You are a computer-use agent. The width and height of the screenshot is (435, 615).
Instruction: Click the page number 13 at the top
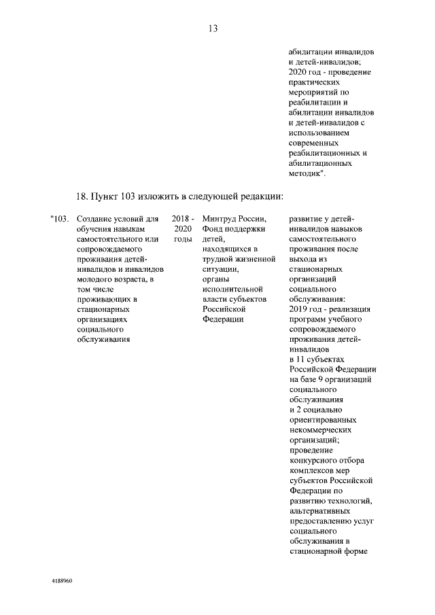(x=213, y=28)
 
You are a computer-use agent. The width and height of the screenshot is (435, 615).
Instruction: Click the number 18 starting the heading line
(x=81, y=196)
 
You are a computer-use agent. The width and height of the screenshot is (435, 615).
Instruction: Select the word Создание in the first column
(x=94, y=219)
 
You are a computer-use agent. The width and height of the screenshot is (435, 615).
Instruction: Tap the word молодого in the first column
(x=94, y=279)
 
